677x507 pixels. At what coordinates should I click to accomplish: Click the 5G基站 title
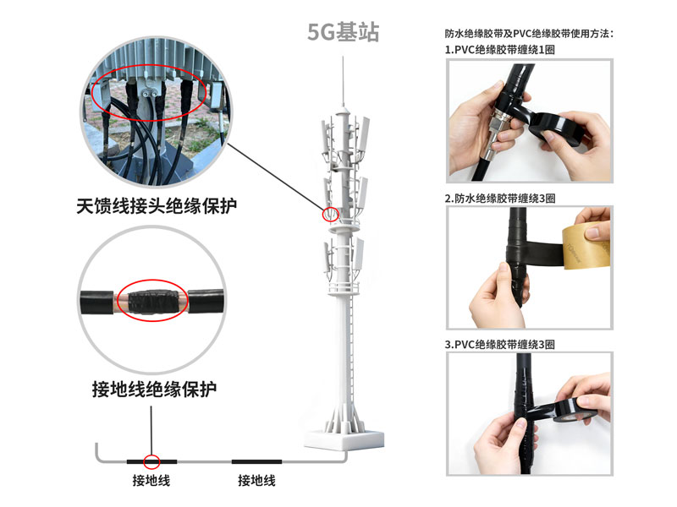[x=344, y=32]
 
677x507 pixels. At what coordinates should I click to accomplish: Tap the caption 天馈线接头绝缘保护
[x=157, y=205]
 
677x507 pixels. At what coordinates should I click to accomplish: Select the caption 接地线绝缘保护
[x=154, y=389]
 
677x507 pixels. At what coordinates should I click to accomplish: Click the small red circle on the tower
[x=331, y=215]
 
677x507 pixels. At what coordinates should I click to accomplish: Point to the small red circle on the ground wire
[x=151, y=461]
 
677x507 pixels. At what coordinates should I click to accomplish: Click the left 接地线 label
[x=151, y=480]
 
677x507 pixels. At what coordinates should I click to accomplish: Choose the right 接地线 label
[x=256, y=480]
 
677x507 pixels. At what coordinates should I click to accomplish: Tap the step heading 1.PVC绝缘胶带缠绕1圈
[x=499, y=50]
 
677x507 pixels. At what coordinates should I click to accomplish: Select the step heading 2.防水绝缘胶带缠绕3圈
[x=500, y=199]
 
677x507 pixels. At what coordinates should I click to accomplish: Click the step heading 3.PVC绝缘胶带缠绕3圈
[x=499, y=345]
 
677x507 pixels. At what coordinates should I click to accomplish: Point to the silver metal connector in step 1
[x=497, y=134]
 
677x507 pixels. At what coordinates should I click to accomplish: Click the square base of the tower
[x=344, y=440]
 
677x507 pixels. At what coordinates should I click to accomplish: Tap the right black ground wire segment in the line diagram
[x=256, y=461]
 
